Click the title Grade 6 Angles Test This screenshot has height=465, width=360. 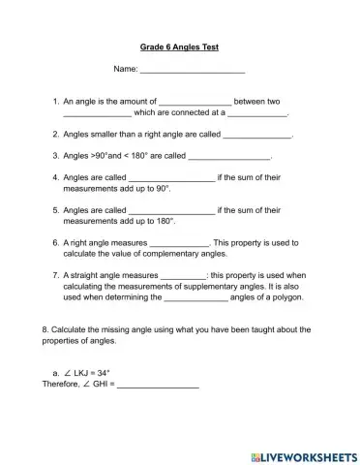click(180, 46)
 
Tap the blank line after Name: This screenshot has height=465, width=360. click(193, 71)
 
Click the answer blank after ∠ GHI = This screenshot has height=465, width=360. click(158, 385)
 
